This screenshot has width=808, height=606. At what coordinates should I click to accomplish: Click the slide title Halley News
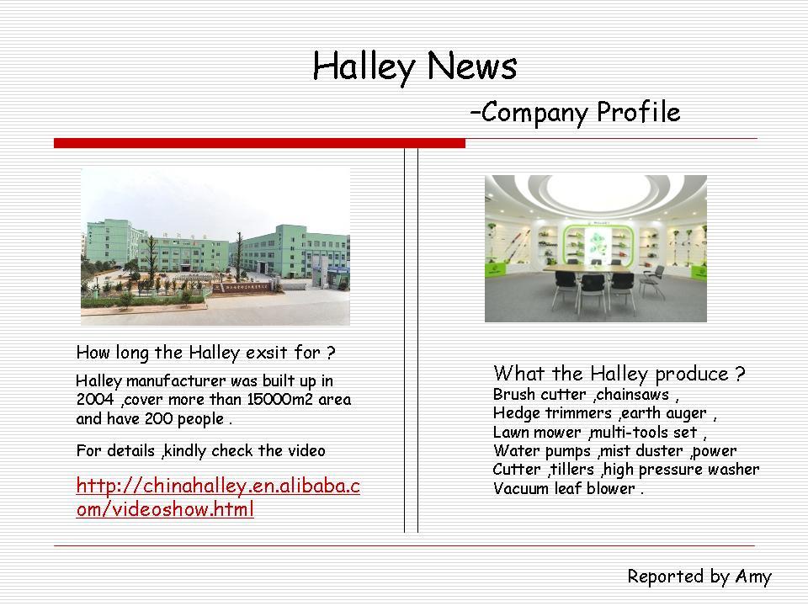click(414, 66)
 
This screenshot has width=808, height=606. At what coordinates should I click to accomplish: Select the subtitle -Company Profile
click(575, 112)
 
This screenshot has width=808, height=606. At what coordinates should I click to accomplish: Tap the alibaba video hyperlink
click(217, 497)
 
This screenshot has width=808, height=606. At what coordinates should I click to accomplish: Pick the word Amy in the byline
click(752, 577)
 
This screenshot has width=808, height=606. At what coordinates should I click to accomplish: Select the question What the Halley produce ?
click(619, 374)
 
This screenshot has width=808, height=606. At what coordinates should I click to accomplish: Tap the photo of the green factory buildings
click(215, 245)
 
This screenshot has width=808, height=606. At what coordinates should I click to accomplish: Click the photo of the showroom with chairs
click(595, 248)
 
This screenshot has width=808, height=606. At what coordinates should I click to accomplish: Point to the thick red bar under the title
click(259, 144)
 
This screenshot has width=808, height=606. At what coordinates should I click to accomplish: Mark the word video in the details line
click(305, 451)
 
